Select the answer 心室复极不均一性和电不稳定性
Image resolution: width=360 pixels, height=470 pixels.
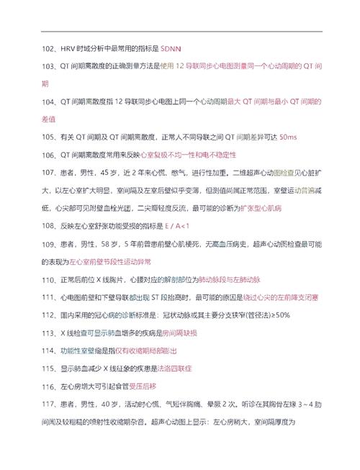pos(188,155)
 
